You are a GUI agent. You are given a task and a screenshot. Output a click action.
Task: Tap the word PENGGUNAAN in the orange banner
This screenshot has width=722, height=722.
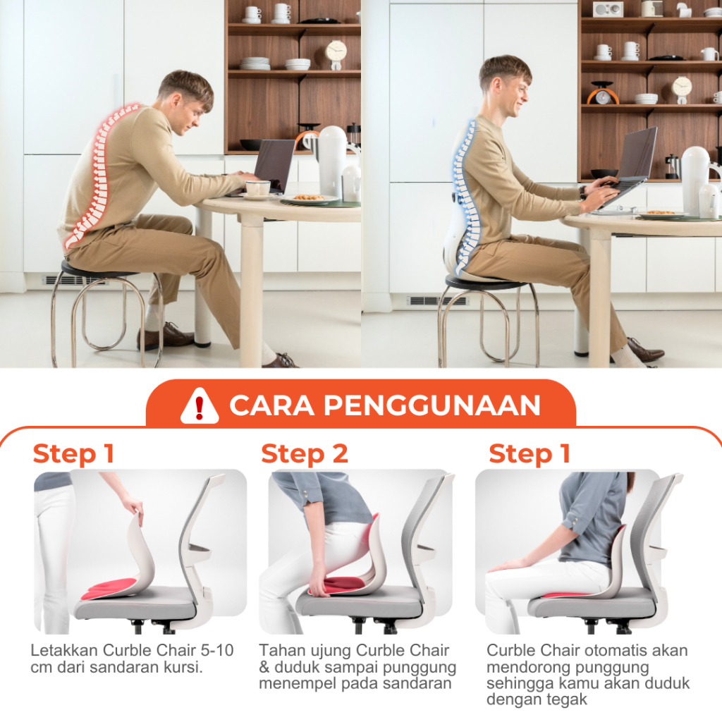tap(432, 405)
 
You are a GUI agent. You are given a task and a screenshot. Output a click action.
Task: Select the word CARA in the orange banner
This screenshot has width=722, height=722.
tap(271, 405)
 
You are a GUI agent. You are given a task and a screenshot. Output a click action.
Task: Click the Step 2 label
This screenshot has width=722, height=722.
tap(305, 453)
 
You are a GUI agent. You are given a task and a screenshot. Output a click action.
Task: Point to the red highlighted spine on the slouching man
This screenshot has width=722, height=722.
tap(102, 175)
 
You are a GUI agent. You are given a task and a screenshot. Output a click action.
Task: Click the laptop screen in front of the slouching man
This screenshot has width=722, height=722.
tap(274, 164)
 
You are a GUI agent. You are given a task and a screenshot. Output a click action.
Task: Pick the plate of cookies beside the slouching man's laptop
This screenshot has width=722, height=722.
tap(310, 199)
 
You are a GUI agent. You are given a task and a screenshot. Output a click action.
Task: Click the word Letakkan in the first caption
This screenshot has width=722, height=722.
tap(64, 650)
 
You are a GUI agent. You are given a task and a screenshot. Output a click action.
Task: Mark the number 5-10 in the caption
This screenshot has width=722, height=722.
tap(217, 650)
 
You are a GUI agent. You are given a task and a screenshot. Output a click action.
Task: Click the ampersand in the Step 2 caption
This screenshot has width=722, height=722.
tap(264, 667)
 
